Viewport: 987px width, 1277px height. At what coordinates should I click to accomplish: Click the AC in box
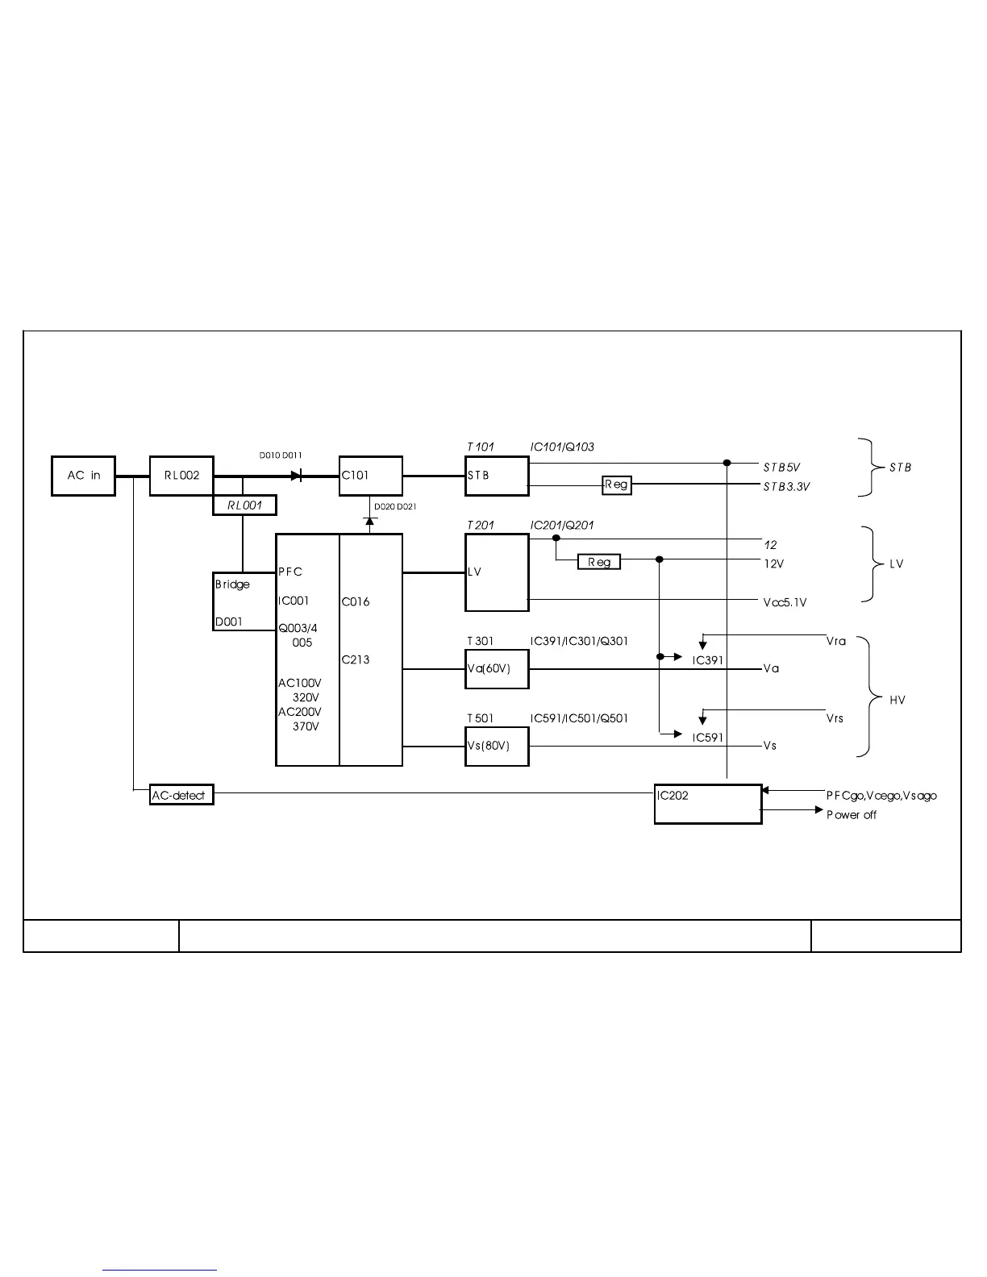(83, 476)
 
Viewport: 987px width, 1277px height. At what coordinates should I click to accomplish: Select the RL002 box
(181, 476)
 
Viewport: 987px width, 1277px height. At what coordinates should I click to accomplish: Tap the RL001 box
(244, 505)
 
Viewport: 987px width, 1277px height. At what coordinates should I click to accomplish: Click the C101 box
(370, 476)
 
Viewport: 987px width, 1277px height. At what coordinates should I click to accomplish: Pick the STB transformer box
(497, 476)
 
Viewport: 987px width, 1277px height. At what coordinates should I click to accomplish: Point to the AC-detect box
(182, 795)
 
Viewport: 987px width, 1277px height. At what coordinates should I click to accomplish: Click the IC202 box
(707, 804)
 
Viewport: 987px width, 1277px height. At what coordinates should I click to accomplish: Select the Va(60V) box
(497, 669)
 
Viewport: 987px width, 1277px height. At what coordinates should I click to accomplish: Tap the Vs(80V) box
(497, 747)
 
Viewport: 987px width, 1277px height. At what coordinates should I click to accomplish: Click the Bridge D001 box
(244, 602)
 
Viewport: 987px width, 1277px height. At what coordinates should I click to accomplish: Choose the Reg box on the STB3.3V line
(617, 485)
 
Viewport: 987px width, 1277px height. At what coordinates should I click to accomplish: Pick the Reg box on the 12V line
(599, 562)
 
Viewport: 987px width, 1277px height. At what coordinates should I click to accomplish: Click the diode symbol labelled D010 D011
(297, 476)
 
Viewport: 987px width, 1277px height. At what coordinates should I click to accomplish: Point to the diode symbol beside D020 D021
(371, 521)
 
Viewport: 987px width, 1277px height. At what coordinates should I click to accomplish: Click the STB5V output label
(781, 468)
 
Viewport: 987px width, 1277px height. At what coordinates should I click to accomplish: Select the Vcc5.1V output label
(785, 603)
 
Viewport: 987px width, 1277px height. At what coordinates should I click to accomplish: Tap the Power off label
(851, 815)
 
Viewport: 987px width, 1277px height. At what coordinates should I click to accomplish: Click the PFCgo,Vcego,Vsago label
(881, 796)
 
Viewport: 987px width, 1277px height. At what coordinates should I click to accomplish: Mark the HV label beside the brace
(897, 700)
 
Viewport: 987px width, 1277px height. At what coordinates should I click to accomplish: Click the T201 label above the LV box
(481, 526)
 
